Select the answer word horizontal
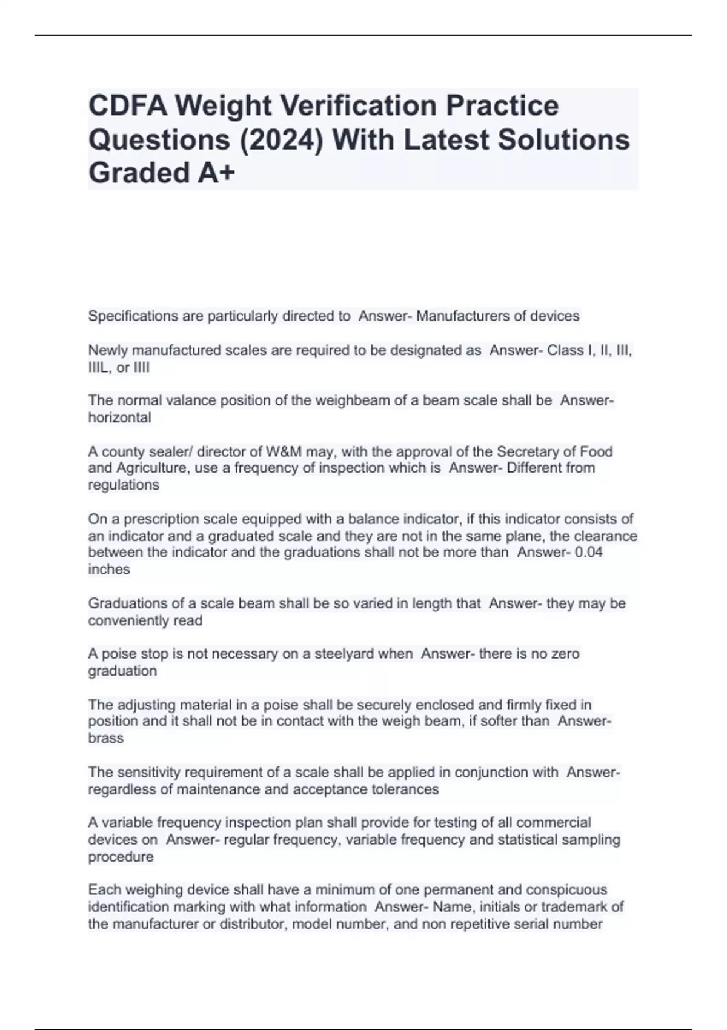point(119,418)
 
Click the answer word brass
point(105,739)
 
